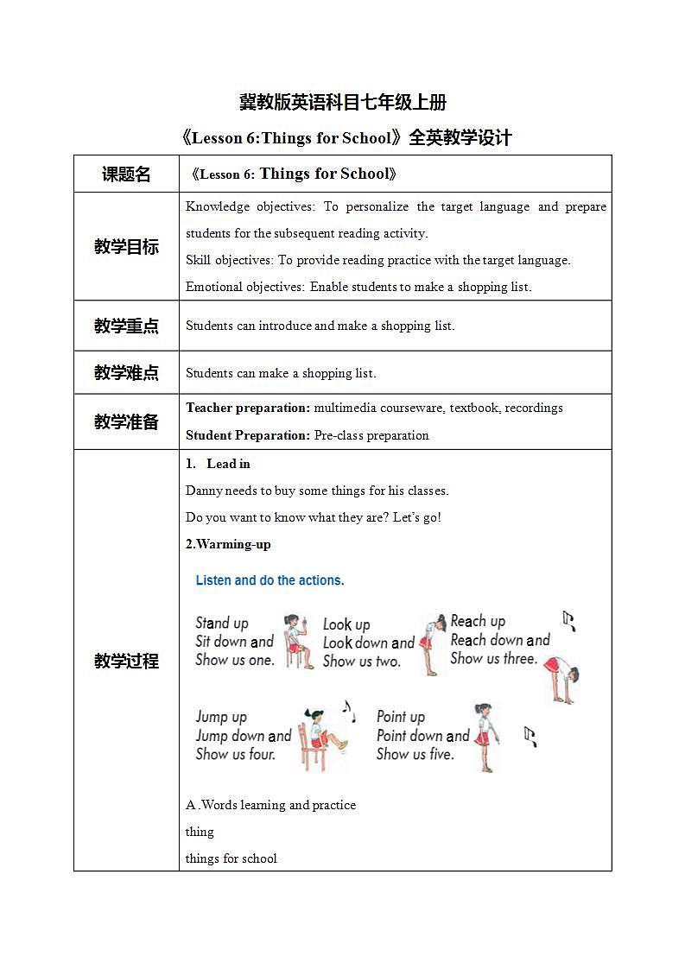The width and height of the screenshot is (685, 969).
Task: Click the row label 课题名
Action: (x=126, y=174)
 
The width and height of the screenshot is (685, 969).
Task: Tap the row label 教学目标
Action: (x=126, y=247)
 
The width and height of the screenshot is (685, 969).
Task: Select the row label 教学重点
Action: (x=126, y=326)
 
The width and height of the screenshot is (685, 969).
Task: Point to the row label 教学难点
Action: (x=126, y=373)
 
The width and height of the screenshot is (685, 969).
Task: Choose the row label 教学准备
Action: (x=126, y=422)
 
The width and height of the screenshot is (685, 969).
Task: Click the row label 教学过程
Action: (x=126, y=662)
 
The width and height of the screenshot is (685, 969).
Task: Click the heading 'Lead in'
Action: (x=228, y=464)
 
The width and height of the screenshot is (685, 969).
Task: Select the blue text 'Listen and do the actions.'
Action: (x=270, y=580)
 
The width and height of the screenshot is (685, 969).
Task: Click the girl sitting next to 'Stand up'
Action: (x=297, y=641)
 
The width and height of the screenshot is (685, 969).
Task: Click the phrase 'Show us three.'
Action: (x=493, y=659)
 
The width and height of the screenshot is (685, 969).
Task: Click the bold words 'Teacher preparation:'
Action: (x=248, y=408)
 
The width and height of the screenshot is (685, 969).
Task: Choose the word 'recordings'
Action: (x=536, y=408)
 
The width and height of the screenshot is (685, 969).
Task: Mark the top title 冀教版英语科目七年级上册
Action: (x=342, y=102)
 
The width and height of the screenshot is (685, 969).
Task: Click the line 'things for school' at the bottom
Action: (x=232, y=858)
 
